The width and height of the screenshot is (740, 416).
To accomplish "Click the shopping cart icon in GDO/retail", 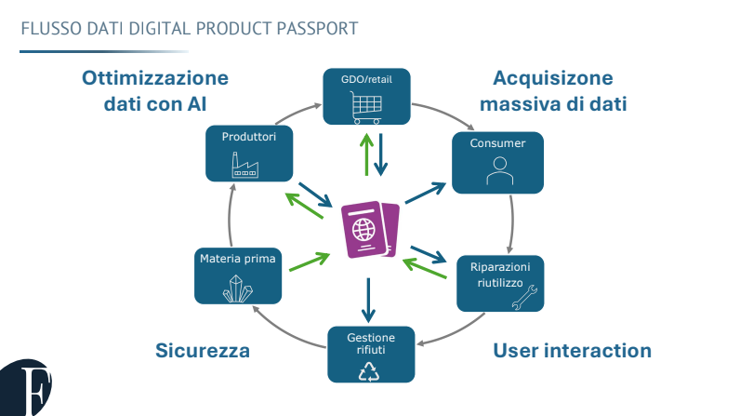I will [x=364, y=108].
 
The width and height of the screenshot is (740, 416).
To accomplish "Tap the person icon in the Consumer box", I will [x=498, y=171].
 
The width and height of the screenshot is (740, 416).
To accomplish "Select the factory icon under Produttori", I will [x=244, y=165].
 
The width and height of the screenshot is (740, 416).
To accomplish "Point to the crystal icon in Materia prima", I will [x=237, y=290].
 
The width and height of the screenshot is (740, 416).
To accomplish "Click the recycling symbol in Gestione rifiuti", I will [x=370, y=370].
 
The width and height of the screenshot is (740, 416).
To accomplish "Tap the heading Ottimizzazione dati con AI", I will [x=154, y=90].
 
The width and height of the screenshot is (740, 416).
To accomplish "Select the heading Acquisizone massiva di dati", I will [x=553, y=90].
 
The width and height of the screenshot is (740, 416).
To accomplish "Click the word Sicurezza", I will [x=203, y=351].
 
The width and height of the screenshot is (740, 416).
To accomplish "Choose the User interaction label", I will [x=572, y=351].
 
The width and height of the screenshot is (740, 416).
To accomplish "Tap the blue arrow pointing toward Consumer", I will [x=426, y=193].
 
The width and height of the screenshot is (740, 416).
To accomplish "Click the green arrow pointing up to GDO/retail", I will [x=366, y=153].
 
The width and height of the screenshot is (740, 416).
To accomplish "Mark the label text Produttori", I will [x=249, y=136].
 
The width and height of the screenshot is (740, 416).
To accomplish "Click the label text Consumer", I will [x=497, y=143].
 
